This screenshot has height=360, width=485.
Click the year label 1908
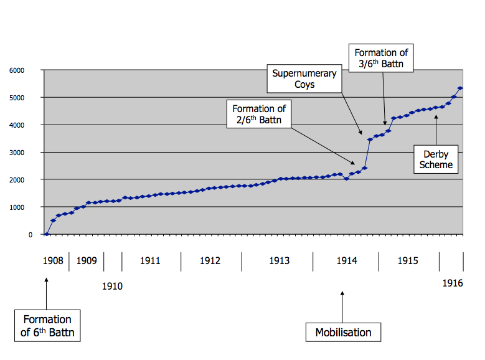pos(53,261)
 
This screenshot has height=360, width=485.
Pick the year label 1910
pos(112,287)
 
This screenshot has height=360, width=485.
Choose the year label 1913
pos(279,261)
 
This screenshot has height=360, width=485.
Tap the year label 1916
pos(453,283)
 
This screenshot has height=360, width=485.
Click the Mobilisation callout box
pos(343,332)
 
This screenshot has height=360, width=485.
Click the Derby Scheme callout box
pos(436,159)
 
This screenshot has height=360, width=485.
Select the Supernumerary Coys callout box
pos(304,78)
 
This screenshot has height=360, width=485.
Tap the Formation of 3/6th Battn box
pos(381,58)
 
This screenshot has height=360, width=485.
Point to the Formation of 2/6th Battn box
pos(259,115)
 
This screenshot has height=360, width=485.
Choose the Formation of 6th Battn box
pos(47,326)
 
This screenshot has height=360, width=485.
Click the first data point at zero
pos(47,234)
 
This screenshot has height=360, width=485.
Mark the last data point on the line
pos(460,88)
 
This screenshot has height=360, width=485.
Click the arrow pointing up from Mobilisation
pos(343,305)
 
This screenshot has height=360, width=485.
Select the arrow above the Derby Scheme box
pos(436,129)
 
